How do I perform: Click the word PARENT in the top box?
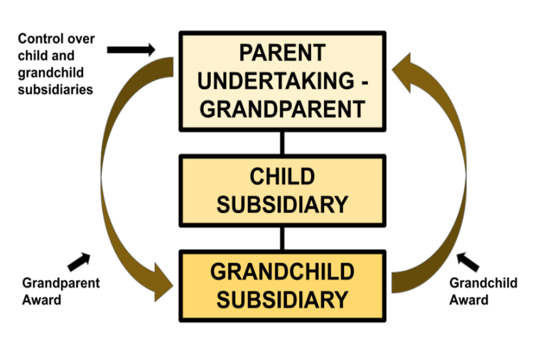pyautogui.click(x=282, y=53)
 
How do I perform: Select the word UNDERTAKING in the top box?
pyautogui.click(x=274, y=81)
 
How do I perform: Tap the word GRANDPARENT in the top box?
pyautogui.click(x=282, y=109)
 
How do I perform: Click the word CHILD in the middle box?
pyautogui.click(x=282, y=177)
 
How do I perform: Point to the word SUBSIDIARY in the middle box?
pyautogui.click(x=282, y=204)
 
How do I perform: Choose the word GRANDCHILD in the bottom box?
pyautogui.click(x=282, y=272)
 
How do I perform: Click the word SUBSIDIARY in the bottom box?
pyautogui.click(x=282, y=299)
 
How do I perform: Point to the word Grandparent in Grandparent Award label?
pyautogui.click(x=61, y=282)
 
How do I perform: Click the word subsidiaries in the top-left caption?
pyautogui.click(x=55, y=89)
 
